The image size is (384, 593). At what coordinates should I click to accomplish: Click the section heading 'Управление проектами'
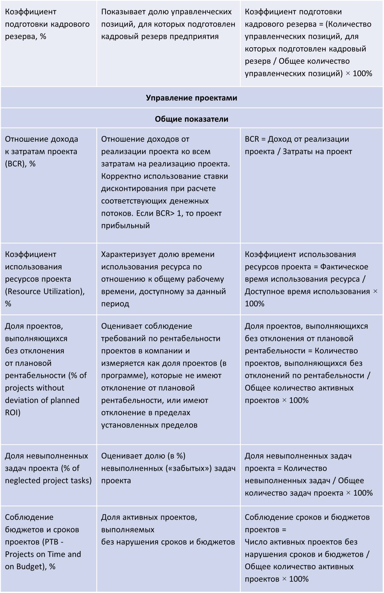click(x=191, y=98)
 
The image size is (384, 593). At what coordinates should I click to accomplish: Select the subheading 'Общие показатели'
click(x=191, y=119)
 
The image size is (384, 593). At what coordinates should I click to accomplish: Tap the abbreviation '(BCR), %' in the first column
click(x=20, y=164)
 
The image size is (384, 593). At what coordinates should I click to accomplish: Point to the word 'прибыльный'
click(x=125, y=226)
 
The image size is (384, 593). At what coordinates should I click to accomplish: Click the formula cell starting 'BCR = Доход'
click(x=298, y=145)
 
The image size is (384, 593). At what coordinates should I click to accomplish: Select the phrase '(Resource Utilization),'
click(x=45, y=291)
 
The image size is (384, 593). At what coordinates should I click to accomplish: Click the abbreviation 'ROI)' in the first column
click(x=13, y=413)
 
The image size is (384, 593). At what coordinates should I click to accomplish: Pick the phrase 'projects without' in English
click(x=35, y=388)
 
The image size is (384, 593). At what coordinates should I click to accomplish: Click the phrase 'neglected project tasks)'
click(x=48, y=481)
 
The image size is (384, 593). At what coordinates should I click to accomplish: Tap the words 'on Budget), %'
click(x=30, y=567)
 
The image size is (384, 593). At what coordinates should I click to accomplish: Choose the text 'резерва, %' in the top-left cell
click(x=26, y=36)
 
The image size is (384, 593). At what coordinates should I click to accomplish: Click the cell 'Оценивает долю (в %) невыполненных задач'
click(x=168, y=468)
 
